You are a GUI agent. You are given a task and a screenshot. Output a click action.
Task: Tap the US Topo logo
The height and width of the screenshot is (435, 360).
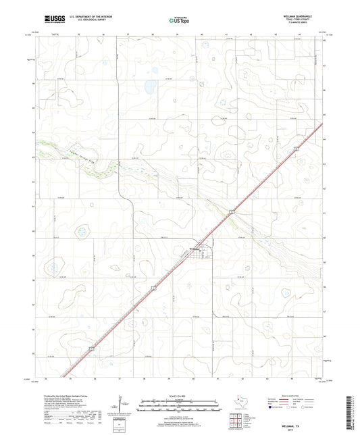pyautogui.click(x=179, y=20)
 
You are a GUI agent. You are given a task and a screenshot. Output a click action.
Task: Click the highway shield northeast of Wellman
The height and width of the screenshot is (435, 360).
pyautogui.click(x=231, y=212)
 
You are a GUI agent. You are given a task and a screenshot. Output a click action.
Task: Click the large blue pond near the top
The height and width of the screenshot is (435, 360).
pyautogui.click(x=147, y=86)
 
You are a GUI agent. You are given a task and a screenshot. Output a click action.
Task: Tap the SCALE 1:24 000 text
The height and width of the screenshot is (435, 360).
pyautogui.click(x=179, y=395)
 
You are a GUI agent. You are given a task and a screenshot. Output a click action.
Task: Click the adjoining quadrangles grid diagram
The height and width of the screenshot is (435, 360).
pyautogui.click(x=235, y=419)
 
